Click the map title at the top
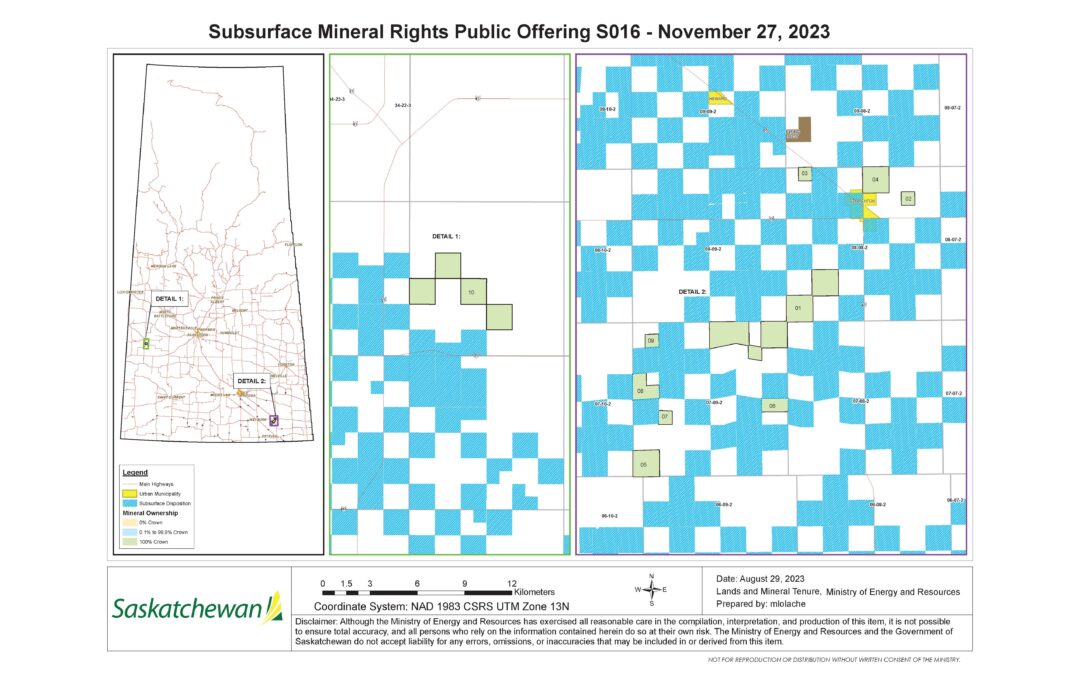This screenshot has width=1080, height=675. (519, 33)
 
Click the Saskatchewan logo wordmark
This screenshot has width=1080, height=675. (187, 607)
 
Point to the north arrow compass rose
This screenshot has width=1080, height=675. (651, 589)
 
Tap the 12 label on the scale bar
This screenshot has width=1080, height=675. (511, 581)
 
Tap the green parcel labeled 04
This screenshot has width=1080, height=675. (876, 179)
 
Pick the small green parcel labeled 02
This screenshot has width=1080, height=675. (908, 199)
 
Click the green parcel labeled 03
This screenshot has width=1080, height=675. (805, 174)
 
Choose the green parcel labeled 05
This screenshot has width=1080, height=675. (646, 463)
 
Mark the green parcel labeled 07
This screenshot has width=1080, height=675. (664, 415)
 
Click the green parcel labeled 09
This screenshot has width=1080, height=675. (651, 341)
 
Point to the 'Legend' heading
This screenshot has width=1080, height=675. (134, 471)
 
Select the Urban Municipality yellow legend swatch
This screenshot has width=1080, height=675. (130, 493)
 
